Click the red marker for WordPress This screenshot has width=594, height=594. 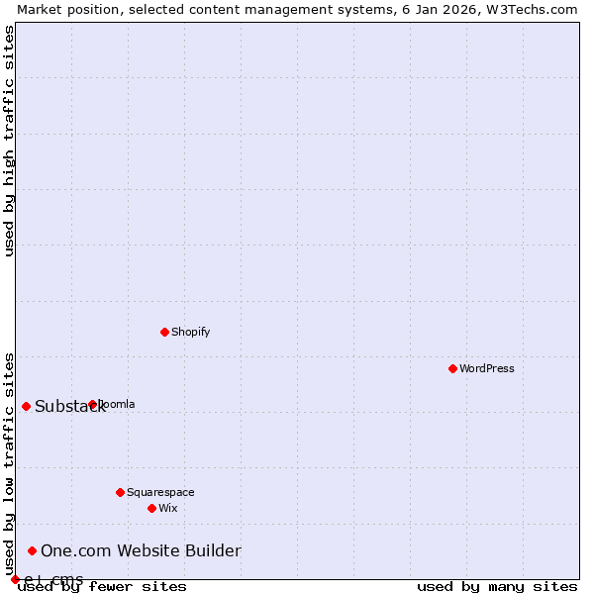coord(452,368)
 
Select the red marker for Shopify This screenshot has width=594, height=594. coord(164,332)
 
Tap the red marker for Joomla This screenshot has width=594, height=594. coord(92,404)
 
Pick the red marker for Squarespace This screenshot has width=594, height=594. coord(120,492)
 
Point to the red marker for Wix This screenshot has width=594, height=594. coord(151,508)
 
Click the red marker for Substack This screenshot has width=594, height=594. coord(26,406)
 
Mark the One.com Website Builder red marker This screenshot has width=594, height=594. coord(32,550)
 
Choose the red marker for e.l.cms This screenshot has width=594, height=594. coord(15,579)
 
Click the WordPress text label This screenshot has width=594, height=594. coord(486,368)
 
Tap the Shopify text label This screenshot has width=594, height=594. coord(190,332)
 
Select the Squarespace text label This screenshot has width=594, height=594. coord(160,492)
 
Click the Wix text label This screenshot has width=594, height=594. coord(167,508)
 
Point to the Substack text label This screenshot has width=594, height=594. coord(69,407)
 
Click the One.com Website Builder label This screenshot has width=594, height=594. coord(141,551)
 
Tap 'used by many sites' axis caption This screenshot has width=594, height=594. coord(497,587)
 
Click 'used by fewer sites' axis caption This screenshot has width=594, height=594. coord(103,587)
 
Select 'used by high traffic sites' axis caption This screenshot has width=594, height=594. coord(9,141)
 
